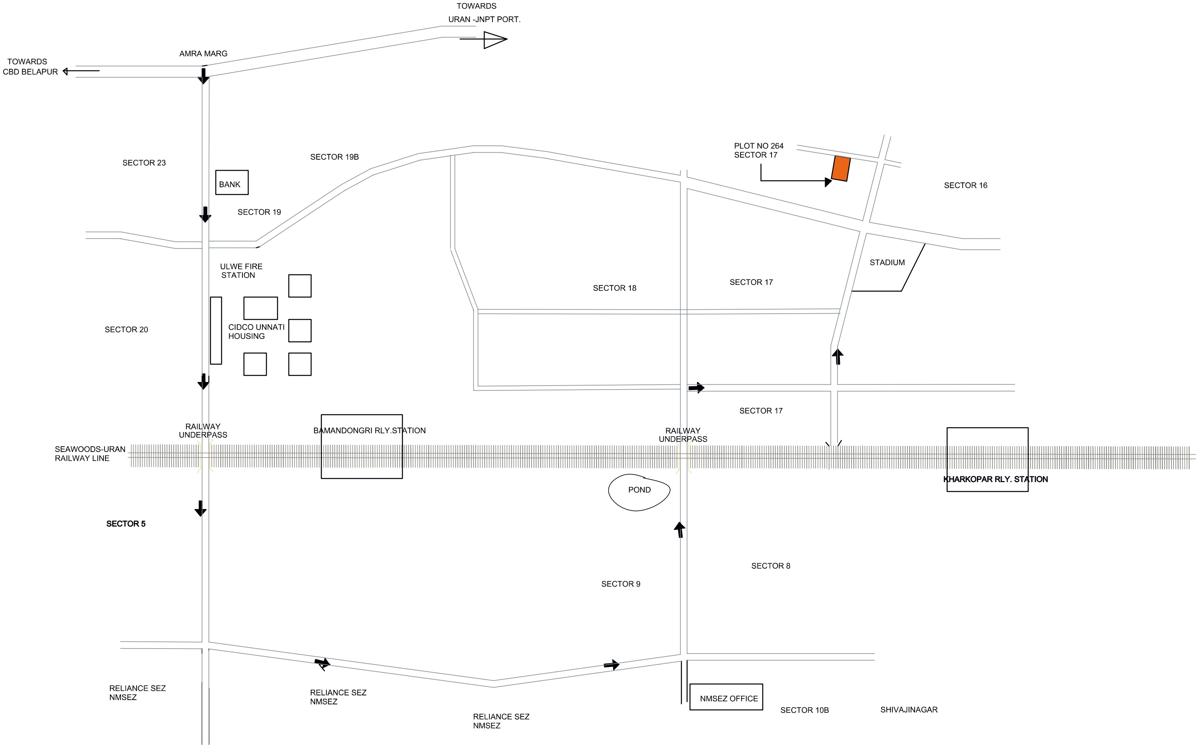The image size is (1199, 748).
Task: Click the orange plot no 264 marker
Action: (x=840, y=169)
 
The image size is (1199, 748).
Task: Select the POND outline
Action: (x=639, y=492)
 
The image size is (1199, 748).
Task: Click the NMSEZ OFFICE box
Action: (x=726, y=697)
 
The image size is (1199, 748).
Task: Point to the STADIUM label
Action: (x=887, y=263)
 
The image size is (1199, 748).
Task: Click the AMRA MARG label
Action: (x=203, y=54)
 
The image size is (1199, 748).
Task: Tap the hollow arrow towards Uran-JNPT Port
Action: (x=494, y=40)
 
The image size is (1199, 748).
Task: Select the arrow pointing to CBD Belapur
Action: (x=81, y=71)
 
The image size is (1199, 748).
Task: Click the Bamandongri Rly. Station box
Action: (x=361, y=447)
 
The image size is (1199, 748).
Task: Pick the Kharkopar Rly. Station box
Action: (x=987, y=459)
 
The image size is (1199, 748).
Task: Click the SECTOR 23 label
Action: (x=144, y=163)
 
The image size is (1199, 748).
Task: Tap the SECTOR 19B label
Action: (x=334, y=157)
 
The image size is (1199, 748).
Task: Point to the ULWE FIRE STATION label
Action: (x=241, y=271)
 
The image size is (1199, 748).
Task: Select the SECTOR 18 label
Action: (x=614, y=288)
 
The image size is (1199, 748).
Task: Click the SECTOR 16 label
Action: (x=965, y=185)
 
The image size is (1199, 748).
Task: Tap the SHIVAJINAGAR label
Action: (x=909, y=709)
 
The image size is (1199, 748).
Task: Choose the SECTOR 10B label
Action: (x=804, y=710)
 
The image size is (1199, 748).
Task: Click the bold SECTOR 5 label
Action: (x=125, y=524)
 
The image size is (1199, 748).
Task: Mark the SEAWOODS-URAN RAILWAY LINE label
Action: (x=89, y=454)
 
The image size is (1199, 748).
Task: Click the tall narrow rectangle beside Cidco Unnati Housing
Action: (x=216, y=330)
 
